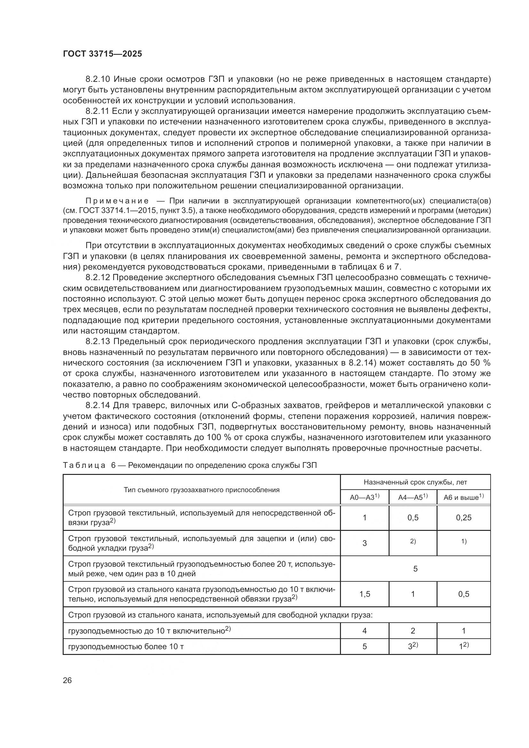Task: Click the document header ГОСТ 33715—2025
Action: click(103, 54)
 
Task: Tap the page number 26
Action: click(67, 680)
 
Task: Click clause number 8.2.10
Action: click(99, 79)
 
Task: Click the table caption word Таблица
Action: click(84, 465)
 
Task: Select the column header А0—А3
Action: click(365, 498)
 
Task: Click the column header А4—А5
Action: click(412, 498)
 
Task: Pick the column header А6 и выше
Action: click(463, 498)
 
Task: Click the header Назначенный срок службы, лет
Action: click(415, 482)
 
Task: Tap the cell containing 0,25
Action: click(463, 518)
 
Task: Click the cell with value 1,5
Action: click(365, 594)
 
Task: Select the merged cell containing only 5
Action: click(415, 569)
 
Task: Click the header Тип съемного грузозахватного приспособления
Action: click(201, 490)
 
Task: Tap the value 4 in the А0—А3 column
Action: click(365, 631)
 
